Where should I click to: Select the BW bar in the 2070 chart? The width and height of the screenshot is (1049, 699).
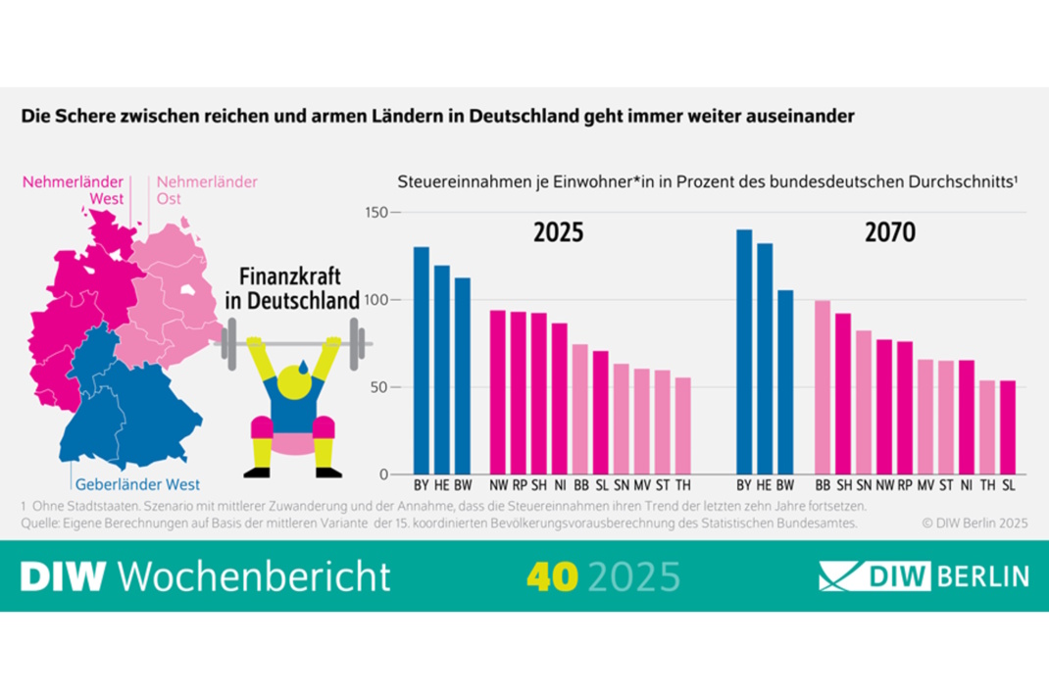point(784,381)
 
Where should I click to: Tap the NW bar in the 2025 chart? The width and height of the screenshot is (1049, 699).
point(498,391)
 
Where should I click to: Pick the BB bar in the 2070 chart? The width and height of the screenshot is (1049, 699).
point(823,386)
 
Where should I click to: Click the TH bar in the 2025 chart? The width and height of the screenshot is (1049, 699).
point(683,425)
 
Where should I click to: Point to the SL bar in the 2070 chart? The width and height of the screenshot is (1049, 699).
point(1007,426)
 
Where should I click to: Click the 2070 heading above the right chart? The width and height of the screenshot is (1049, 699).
point(889,232)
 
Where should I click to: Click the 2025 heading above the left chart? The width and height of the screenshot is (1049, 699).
point(558,232)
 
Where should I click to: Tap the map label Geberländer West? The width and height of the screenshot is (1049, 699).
point(137,484)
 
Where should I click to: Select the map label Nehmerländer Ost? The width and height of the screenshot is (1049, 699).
point(207,190)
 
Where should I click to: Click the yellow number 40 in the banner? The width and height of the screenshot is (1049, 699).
point(551,576)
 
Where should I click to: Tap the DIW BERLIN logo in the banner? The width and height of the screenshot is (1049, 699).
point(924,575)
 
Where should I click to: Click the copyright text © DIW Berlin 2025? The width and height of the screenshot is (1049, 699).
point(974,524)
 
